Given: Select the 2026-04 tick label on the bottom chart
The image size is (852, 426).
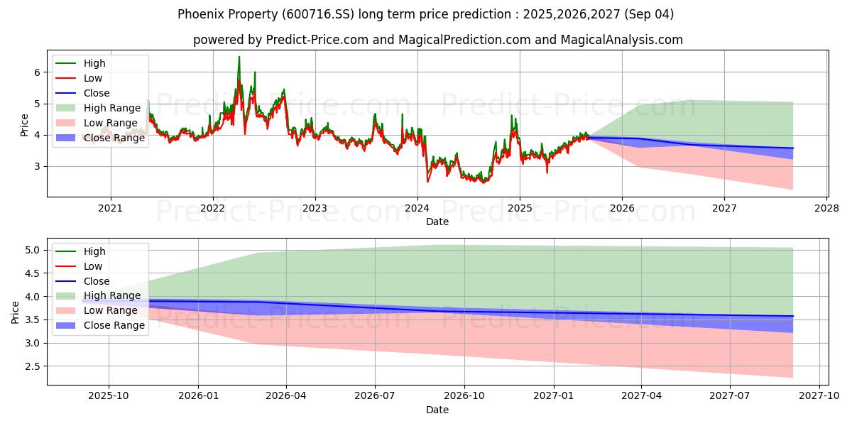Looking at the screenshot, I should tap(286, 396).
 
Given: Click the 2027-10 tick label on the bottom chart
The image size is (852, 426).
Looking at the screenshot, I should tap(819, 396).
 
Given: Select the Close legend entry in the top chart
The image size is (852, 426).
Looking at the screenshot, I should tap(97, 93).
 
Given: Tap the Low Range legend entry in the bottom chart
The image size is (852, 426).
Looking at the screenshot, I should tap(110, 310).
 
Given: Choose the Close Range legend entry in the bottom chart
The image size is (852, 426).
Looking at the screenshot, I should tap(114, 325).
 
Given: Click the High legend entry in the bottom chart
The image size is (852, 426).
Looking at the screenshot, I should tap(94, 251).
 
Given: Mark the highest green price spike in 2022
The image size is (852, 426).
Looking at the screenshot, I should tap(239, 57).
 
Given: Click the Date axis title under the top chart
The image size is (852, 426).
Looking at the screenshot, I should tap(437, 222).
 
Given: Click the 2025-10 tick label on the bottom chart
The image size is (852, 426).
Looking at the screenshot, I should tap(109, 396).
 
